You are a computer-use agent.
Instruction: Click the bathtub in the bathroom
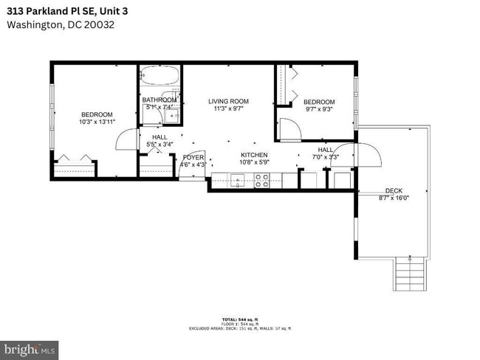point(160,76)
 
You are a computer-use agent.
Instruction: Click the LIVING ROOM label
point(228,101)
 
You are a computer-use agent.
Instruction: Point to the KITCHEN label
point(253,155)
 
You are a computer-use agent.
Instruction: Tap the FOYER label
point(193,157)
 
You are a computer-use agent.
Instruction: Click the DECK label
point(394,190)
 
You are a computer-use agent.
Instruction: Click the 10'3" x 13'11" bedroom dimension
point(97,122)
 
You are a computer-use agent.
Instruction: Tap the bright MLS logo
point(30,347)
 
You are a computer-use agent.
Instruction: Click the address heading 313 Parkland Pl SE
point(67,10)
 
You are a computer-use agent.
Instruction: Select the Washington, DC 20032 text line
point(61,24)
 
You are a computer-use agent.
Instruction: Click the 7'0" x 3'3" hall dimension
point(325,156)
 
